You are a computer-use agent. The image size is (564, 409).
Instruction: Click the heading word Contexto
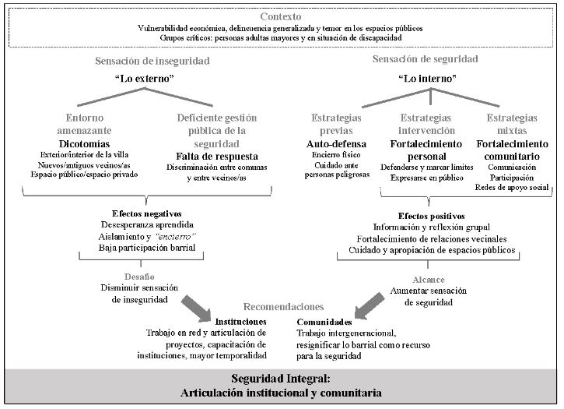[x=282, y=16]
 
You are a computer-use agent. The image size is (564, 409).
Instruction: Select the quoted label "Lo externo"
[x=152, y=79]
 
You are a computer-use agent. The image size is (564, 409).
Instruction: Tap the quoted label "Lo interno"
[x=426, y=79]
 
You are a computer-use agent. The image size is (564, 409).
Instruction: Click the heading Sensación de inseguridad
[x=152, y=61]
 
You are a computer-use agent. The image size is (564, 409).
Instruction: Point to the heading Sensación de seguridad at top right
[x=426, y=59]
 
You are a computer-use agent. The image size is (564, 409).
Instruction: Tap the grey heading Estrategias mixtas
[x=511, y=125]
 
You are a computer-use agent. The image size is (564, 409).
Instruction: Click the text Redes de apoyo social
[x=511, y=188]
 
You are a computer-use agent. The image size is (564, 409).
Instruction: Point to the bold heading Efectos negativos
[x=147, y=213]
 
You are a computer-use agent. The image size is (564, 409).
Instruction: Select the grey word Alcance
[x=429, y=279]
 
